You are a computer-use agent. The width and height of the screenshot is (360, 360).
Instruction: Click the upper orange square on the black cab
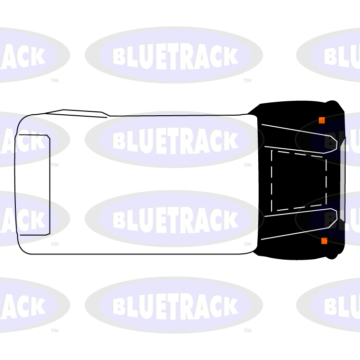322,120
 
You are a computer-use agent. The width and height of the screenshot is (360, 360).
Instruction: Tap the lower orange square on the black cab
324,240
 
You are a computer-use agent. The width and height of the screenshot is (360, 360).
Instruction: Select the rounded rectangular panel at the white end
34,185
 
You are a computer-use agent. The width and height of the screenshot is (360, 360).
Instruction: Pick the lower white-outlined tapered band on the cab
307,224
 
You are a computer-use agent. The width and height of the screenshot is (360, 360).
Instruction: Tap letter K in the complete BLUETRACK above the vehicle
230,57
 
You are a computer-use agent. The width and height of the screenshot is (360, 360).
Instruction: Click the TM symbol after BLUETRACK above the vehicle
247,81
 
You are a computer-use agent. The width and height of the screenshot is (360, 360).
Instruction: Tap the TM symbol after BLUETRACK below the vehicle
247,331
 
